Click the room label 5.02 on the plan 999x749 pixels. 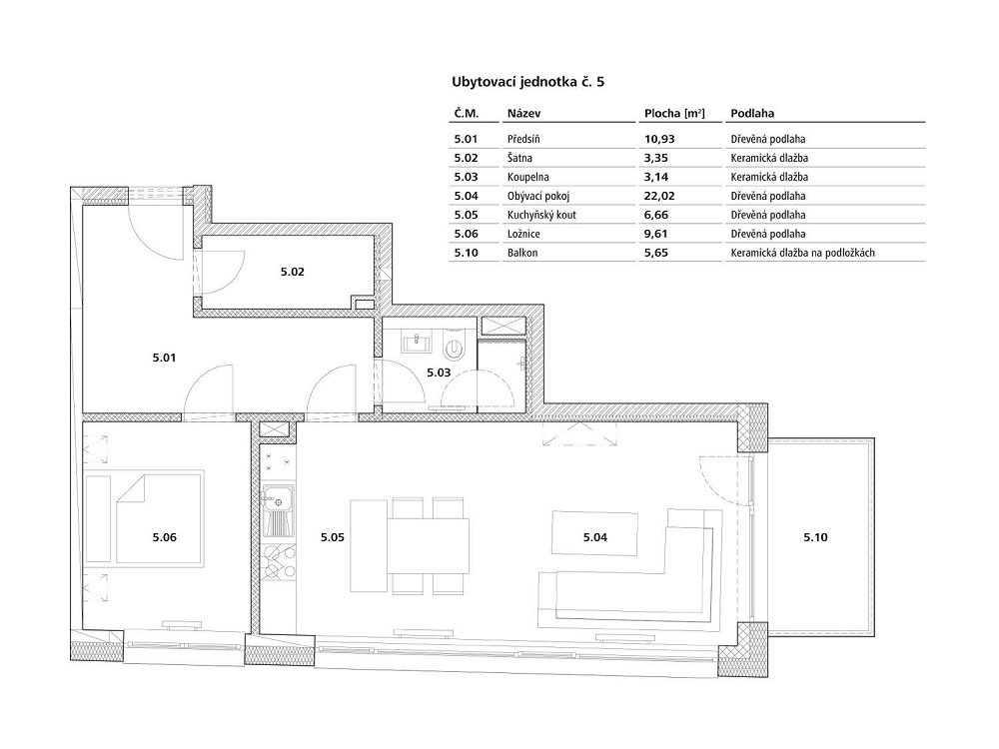pos(293,272)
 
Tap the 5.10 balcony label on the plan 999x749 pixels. pos(815,537)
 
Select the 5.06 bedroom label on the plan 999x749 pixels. pos(165,537)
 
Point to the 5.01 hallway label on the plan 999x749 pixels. pos(165,358)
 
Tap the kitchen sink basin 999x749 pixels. pos(278,496)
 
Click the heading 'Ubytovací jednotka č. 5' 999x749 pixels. pos(528,82)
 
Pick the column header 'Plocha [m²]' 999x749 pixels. pos(674,114)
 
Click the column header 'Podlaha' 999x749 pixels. pos(752,114)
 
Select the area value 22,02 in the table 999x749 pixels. pos(659,196)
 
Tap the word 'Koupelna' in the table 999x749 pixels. pos(528,177)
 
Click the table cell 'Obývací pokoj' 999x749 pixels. pos(538,196)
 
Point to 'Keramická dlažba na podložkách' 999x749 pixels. pos(803,253)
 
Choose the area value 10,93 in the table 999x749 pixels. pos(659,139)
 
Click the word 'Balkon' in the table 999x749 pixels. pos(522,253)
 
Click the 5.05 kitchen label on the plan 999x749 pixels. pos(332,537)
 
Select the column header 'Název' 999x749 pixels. pos(524,114)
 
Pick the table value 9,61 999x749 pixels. pos(656,234)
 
